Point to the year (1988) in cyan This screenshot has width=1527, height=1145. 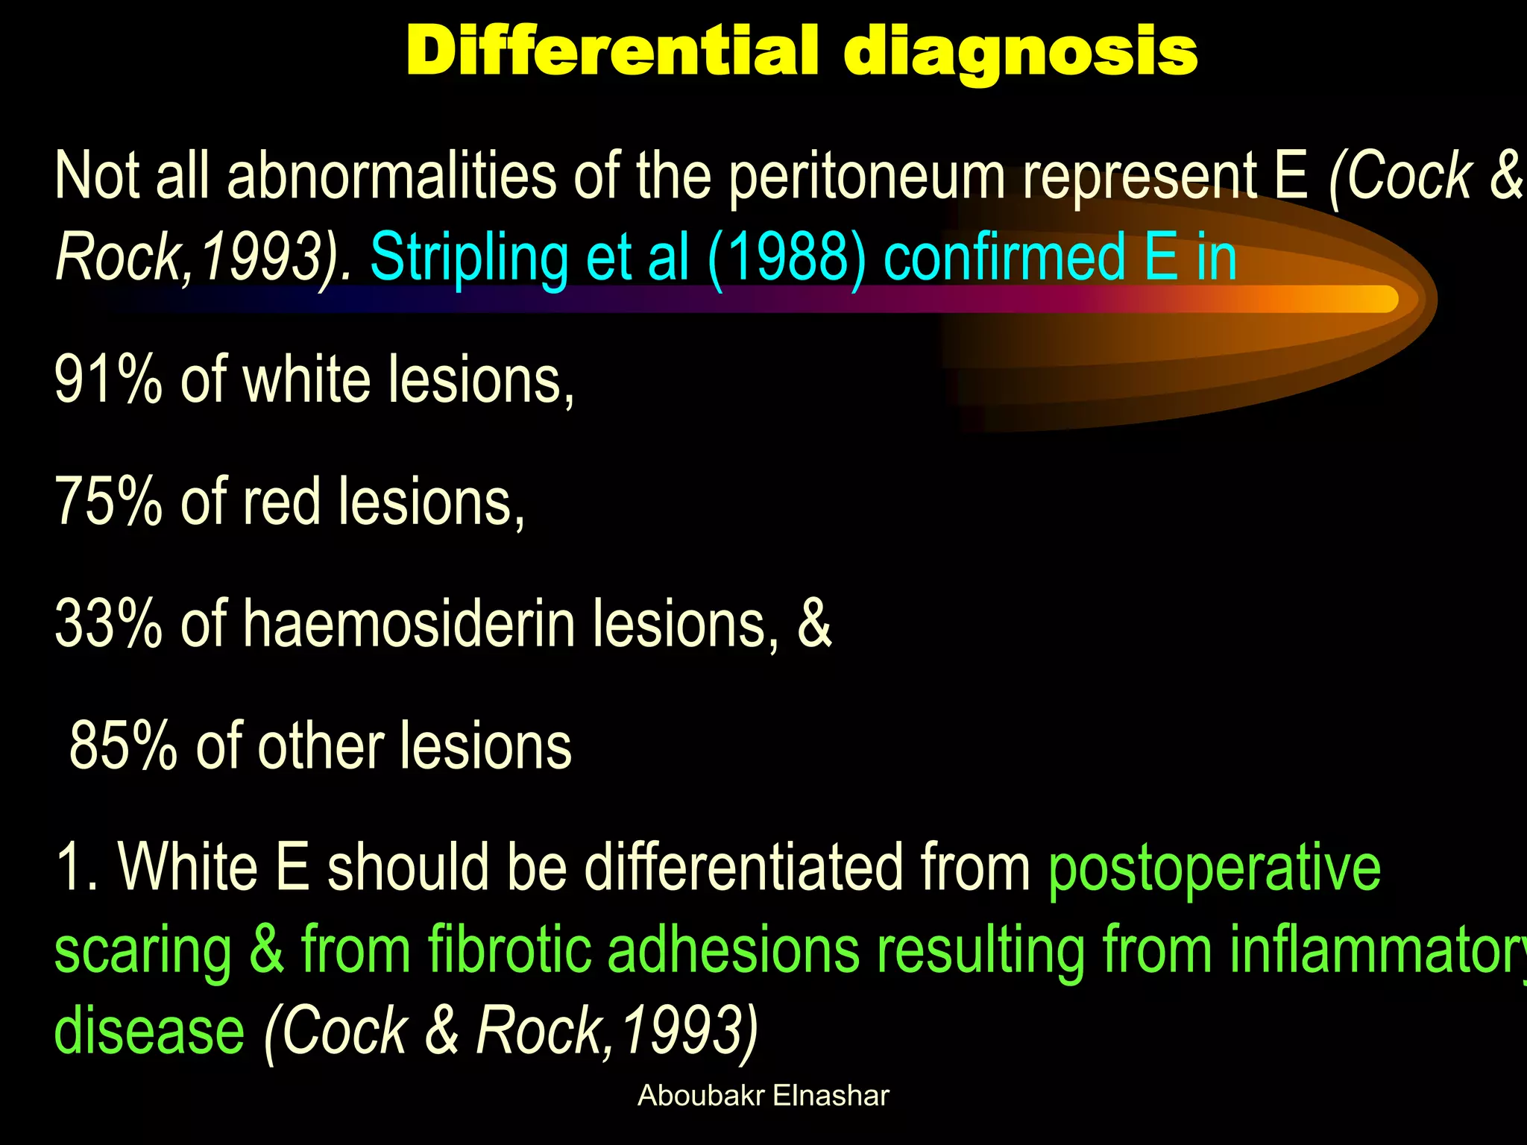click(787, 258)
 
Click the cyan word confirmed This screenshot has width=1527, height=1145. click(1004, 258)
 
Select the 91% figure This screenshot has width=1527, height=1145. click(108, 380)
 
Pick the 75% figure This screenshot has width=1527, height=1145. click(108, 502)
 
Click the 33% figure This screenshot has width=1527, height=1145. click(108, 625)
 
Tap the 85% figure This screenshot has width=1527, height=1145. click(123, 746)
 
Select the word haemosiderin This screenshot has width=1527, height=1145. click(409, 625)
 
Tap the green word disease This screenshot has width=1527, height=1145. click(149, 1032)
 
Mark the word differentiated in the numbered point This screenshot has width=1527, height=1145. click(743, 868)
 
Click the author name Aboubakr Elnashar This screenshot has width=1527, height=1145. click(763, 1096)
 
